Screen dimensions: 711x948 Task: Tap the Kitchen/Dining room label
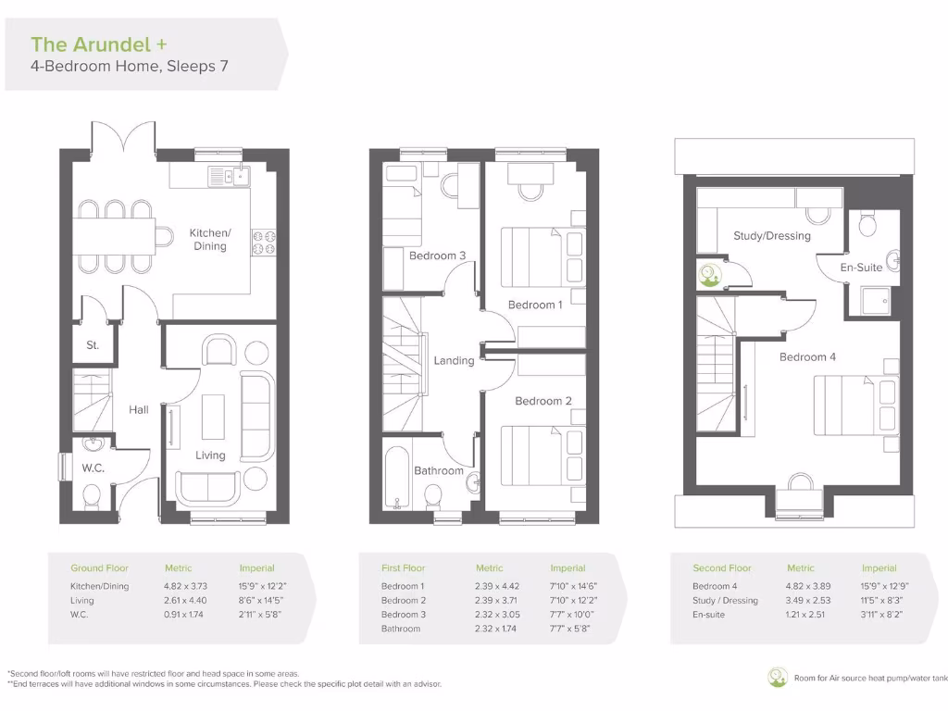tap(210, 240)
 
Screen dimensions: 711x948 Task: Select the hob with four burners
tap(264, 242)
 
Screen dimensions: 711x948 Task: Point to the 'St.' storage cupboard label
tap(93, 346)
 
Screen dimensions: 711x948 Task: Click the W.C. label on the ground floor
tap(93, 468)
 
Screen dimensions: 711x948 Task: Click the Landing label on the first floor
tap(454, 361)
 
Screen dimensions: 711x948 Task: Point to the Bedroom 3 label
tap(437, 256)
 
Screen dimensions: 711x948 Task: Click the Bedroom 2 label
tap(543, 401)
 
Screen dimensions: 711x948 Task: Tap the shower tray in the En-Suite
tap(875, 299)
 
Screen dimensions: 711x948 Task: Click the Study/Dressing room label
tap(771, 236)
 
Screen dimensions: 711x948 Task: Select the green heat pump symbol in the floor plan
tap(709, 274)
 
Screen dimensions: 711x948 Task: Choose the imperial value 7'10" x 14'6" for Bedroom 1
tap(571, 586)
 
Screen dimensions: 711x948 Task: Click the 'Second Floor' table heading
tap(722, 568)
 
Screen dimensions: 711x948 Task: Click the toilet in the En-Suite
tap(867, 225)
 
